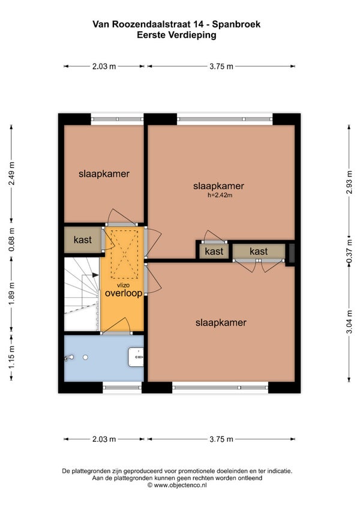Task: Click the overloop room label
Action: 124,293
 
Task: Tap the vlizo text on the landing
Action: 124,285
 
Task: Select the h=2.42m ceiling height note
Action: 220,195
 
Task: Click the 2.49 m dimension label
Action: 12,173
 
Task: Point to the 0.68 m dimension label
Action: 12,239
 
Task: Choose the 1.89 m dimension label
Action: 12,293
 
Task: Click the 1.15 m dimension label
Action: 12,357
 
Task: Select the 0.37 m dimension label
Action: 349,251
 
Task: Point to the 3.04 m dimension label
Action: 349,322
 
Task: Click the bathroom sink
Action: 136,357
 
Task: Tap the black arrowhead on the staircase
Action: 95,275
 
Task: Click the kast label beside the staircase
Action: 82,240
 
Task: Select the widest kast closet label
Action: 259,251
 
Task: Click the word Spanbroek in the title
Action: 236,24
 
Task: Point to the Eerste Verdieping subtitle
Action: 176,35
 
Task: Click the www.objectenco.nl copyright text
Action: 177,486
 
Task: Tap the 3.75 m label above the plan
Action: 221,67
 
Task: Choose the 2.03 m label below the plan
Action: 104,439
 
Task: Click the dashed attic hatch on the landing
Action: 125,254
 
